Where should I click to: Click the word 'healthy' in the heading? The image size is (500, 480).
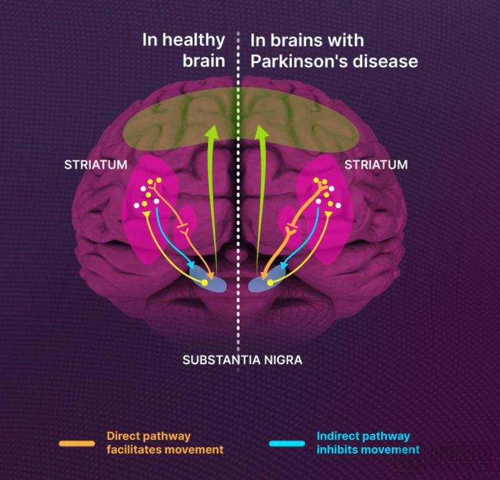(x=192, y=41)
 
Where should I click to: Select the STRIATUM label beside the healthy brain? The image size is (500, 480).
(x=95, y=165)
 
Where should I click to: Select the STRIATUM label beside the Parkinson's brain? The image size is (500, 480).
(x=376, y=165)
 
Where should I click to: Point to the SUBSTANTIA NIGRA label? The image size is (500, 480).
(x=242, y=360)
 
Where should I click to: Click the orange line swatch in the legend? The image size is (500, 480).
(x=77, y=443)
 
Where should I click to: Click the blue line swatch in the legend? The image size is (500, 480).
(x=287, y=443)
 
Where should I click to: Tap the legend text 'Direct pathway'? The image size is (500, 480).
(x=149, y=436)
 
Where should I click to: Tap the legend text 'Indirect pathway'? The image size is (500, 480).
(x=363, y=436)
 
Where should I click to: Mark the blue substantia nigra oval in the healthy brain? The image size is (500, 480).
(x=208, y=281)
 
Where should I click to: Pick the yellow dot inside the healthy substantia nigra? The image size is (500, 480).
(x=205, y=282)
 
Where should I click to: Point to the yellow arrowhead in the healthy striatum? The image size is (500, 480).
(x=147, y=214)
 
